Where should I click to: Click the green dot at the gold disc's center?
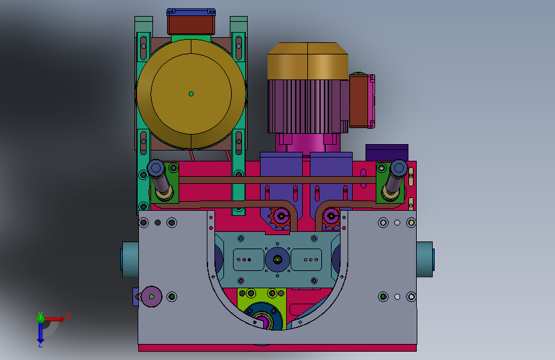[x=191, y=94]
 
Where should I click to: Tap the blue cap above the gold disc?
[x=191, y=12]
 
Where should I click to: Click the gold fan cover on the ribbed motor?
[x=307, y=61]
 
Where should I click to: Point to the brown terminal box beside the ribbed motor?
[x=358, y=101]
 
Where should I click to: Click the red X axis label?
[x=68, y=316]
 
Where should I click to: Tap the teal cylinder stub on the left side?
[x=130, y=259]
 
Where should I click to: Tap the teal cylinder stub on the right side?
[x=425, y=259]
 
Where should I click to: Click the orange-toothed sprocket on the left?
[x=280, y=217]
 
